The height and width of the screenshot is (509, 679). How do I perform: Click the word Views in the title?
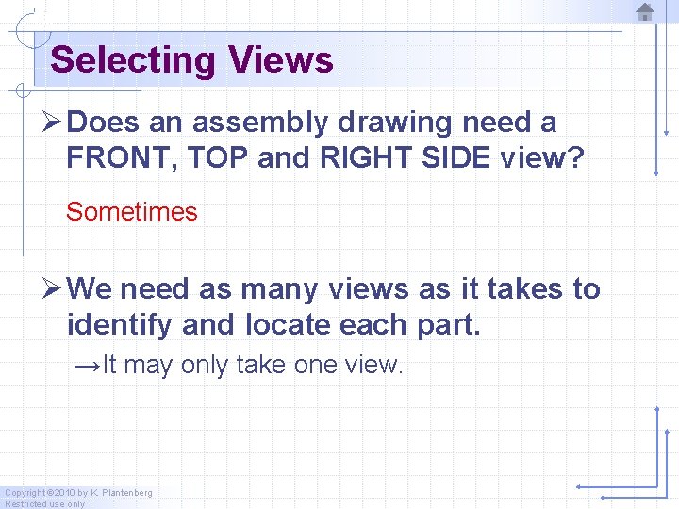coord(280,60)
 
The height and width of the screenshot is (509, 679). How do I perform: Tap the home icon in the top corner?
coord(645,11)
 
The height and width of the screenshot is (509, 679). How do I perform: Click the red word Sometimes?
coord(132,212)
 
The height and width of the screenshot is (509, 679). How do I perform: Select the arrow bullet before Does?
coord(54,123)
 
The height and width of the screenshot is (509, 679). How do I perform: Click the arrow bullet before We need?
coord(54,288)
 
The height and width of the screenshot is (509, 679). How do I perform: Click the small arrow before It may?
coord(88,365)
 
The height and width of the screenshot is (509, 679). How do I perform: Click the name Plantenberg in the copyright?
coord(121,493)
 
